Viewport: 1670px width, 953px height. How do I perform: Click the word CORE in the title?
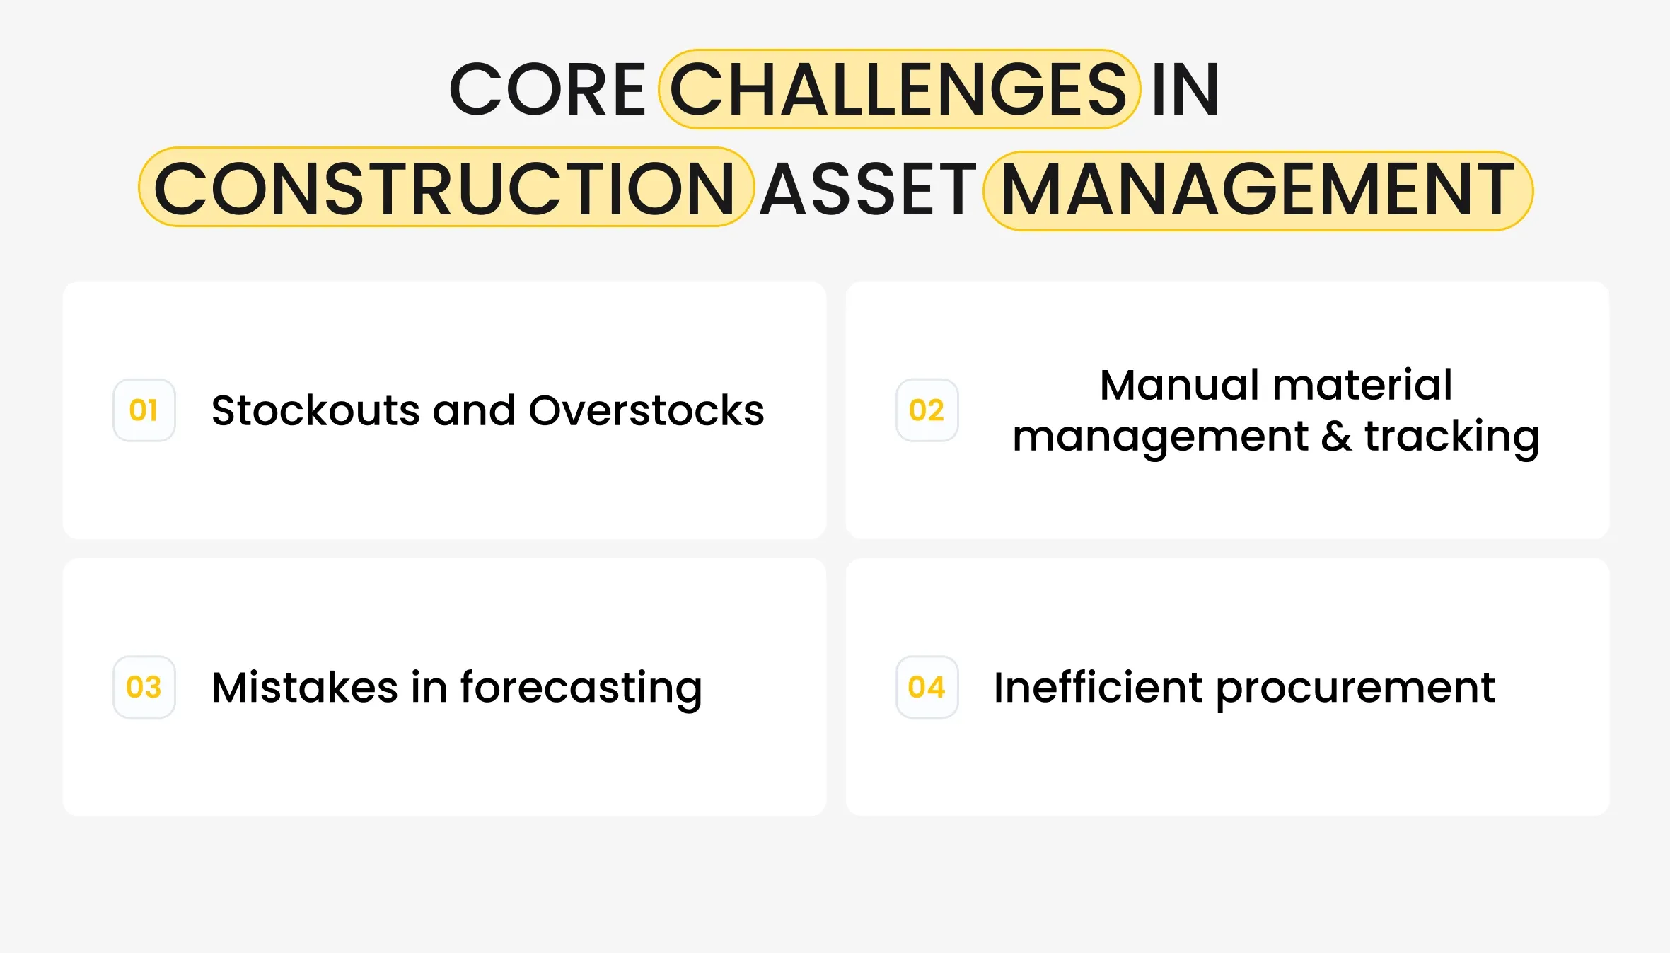[x=547, y=89]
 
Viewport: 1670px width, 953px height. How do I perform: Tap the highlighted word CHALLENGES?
[x=899, y=89]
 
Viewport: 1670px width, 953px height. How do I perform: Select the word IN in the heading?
[x=1185, y=89]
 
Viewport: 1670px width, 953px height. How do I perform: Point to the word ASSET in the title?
[x=869, y=189]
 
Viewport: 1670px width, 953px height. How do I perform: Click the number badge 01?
[x=144, y=410]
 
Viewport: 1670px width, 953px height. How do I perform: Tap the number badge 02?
[x=927, y=410]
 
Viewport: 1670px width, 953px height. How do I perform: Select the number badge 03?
[x=144, y=687]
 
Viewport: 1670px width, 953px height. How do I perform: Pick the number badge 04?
[x=927, y=687]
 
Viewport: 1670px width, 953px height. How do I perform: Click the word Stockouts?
[x=315, y=410]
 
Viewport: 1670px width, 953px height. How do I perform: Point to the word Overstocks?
[x=646, y=410]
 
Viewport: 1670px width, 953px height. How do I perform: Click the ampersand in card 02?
[x=1336, y=437]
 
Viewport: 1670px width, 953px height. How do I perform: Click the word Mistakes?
[x=305, y=688]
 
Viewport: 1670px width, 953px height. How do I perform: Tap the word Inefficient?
[x=1098, y=687]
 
